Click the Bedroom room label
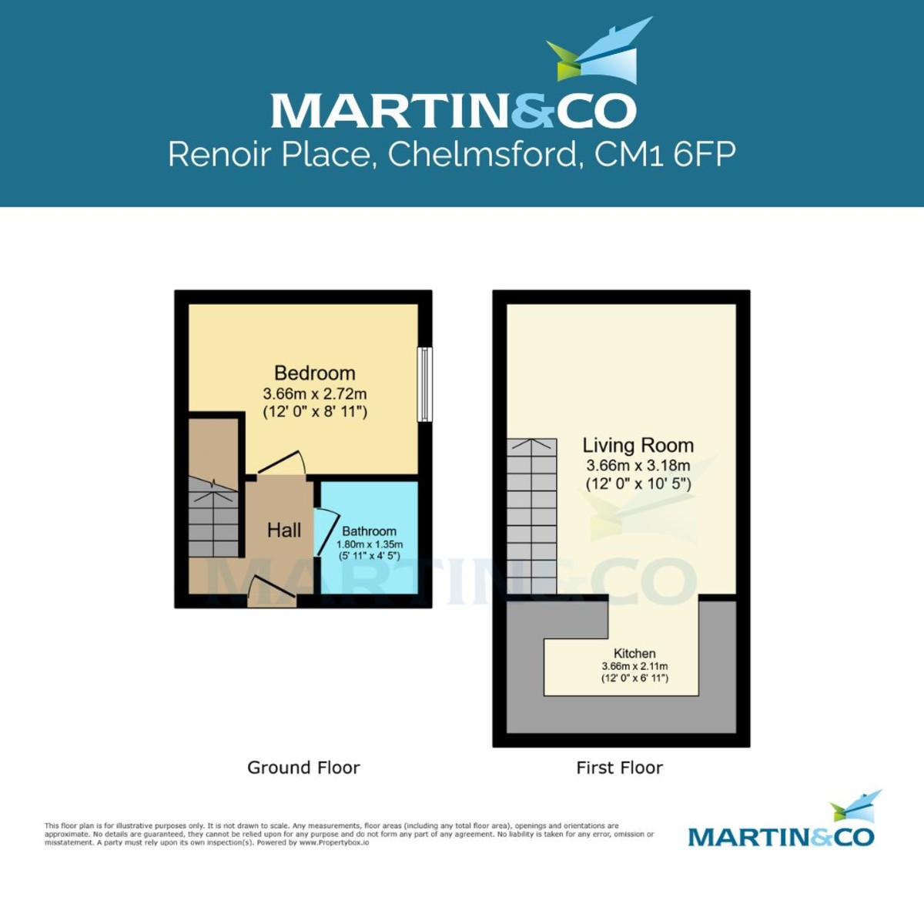314,373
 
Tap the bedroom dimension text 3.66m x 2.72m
314,393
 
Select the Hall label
284,530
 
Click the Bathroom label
369,531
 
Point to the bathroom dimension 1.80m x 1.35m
369,544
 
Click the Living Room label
638,445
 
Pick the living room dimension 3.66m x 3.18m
638,465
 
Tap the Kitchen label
634,654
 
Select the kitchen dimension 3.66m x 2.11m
634,667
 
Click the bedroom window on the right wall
424,384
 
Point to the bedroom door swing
282,463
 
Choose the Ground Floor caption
303,768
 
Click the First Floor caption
619,768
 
